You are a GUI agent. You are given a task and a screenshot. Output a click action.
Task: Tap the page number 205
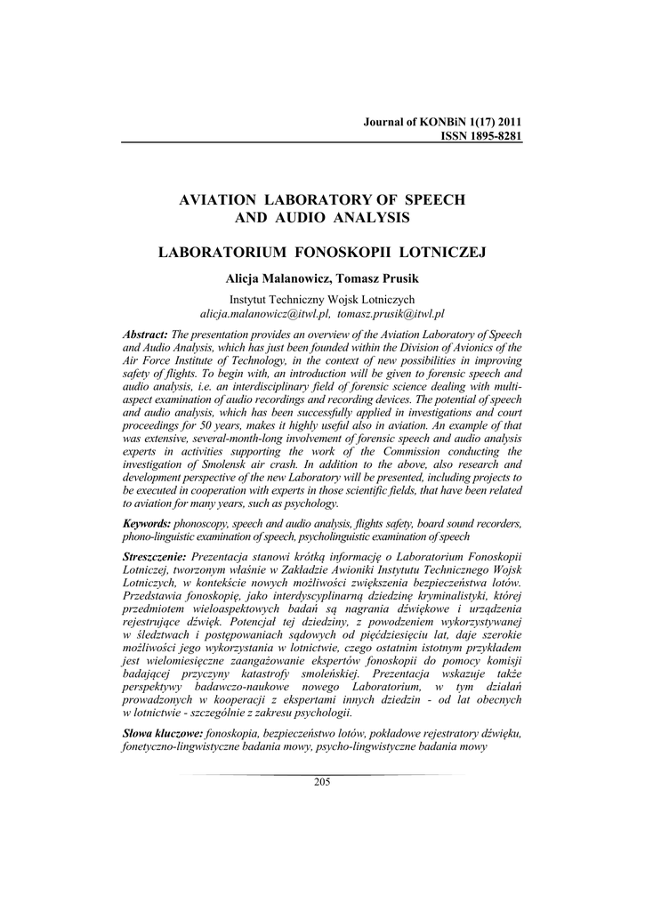click(322, 781)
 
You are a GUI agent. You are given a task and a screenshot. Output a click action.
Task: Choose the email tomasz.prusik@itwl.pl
click(391, 314)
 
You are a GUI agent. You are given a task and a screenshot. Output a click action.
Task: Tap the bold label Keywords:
click(147, 524)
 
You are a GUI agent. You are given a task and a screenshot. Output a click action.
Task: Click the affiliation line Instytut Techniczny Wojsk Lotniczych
click(322, 300)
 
